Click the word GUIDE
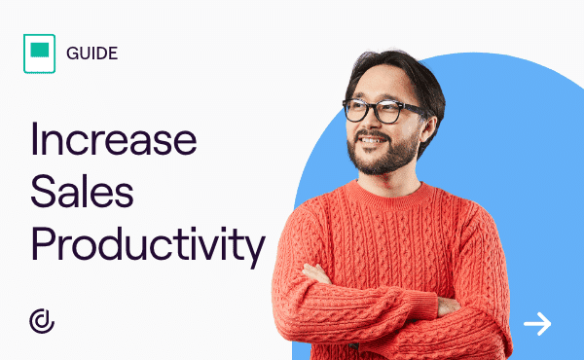92,52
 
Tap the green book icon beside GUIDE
40,53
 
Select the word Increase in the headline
114,139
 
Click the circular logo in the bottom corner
42,321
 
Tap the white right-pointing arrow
537,323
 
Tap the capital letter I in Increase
36,139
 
